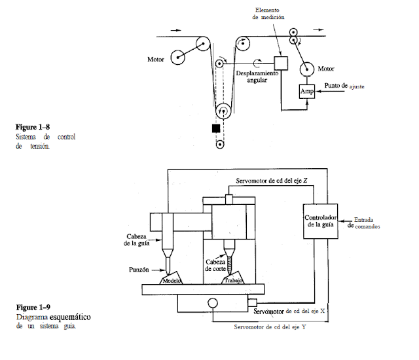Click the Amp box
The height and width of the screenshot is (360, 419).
pos(307,92)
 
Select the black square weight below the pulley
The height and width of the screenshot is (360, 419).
pos(216,128)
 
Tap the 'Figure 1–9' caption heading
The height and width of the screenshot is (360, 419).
pos(32,307)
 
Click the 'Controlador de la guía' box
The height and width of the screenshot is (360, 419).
pos(321,221)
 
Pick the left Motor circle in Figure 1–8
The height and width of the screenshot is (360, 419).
pos(177,58)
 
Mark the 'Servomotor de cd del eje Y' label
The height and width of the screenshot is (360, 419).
pos(270,326)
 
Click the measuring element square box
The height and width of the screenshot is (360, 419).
pos(282,62)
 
